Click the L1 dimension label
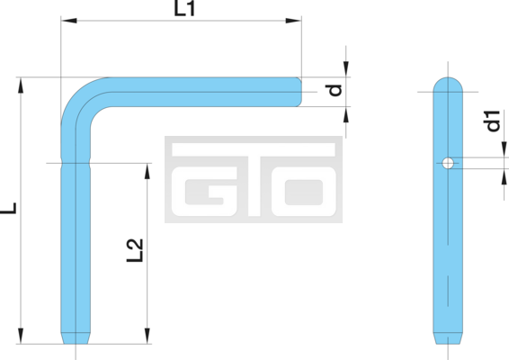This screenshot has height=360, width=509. [184, 8]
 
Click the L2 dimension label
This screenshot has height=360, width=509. [135, 250]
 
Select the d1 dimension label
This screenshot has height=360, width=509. [493, 121]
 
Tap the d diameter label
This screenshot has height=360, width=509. [335, 90]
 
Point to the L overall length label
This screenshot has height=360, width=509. [8, 208]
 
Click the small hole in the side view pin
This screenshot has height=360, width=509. [448, 163]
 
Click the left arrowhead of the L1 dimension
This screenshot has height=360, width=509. [69, 21]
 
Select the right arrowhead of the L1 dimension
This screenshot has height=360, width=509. [293, 21]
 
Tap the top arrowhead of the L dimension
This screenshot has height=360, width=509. [21, 85]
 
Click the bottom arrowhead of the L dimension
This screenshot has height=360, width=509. [21, 336]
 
